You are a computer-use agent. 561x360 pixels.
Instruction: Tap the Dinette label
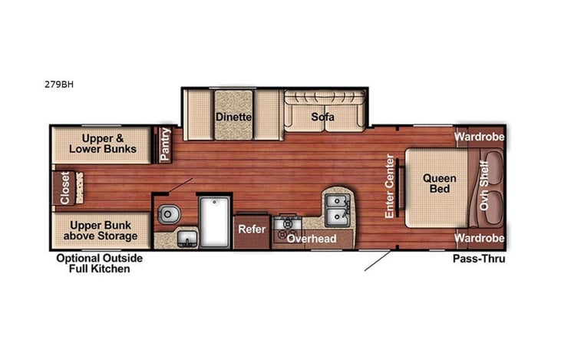[x=233, y=117]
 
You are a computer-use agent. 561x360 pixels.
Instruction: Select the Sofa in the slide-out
[x=322, y=117]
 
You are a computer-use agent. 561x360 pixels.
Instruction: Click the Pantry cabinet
[x=165, y=144]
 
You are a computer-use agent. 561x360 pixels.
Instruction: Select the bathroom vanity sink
[x=185, y=238]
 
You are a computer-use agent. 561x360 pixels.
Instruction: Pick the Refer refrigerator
[x=252, y=229]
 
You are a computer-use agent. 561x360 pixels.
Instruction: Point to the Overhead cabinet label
[x=312, y=239]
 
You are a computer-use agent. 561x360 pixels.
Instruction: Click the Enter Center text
[x=390, y=185]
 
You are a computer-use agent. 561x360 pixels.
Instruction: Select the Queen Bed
[x=440, y=184]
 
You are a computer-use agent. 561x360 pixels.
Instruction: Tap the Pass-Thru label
[x=478, y=259]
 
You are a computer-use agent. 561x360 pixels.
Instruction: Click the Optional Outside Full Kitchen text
[x=99, y=263]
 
